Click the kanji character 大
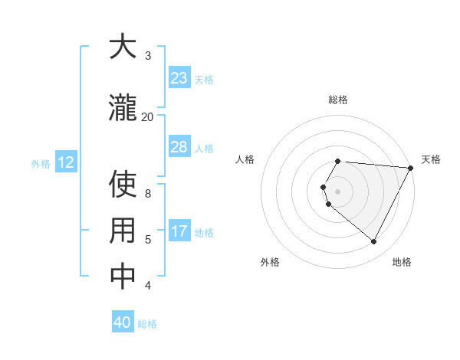(x=123, y=47)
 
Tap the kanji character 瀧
(x=123, y=106)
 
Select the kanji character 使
(x=123, y=185)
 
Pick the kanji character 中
(x=123, y=277)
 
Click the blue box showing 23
(x=179, y=78)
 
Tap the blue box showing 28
(x=179, y=147)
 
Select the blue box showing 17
(x=179, y=231)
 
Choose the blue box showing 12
(x=66, y=162)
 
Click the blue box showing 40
(x=123, y=322)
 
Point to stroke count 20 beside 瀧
(x=147, y=116)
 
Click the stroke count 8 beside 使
(x=148, y=194)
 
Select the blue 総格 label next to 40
(x=147, y=323)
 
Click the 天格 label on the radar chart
(x=431, y=159)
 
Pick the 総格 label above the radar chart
(x=338, y=100)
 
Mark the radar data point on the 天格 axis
(x=411, y=168)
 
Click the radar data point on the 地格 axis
(x=374, y=242)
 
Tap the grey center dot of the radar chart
(x=338, y=191)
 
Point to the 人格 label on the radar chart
(x=245, y=159)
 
